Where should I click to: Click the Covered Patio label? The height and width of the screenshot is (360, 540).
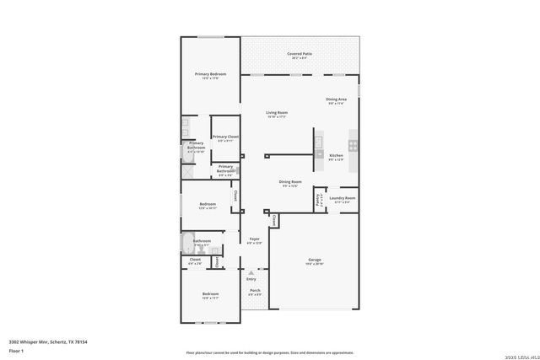(300, 54)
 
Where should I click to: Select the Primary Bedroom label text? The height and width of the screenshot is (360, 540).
(210, 75)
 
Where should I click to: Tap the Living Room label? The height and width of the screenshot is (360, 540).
(277, 113)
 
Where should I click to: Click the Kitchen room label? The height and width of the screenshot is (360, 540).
(336, 156)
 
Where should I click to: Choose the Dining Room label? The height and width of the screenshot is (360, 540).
(290, 182)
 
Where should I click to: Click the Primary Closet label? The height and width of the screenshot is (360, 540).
(225, 137)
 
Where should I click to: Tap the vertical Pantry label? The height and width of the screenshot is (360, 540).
(318, 201)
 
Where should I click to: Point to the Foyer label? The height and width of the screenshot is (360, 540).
(254, 239)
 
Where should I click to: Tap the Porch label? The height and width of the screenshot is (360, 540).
(254, 292)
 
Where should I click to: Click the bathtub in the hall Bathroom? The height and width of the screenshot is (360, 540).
(186, 245)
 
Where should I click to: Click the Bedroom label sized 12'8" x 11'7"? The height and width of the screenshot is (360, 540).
(210, 295)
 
